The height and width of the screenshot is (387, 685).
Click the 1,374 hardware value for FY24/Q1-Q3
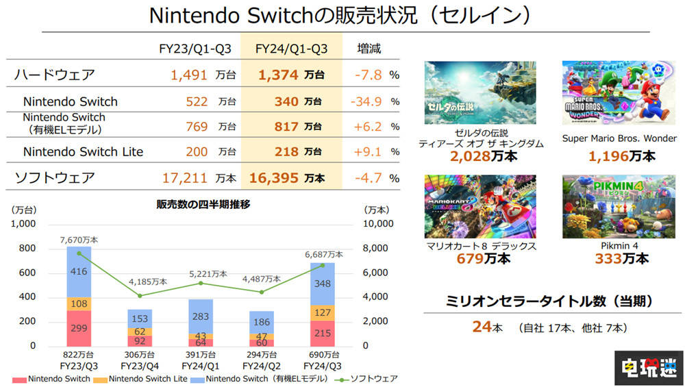click(x=277, y=75)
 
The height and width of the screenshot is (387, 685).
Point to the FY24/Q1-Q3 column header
click(x=291, y=49)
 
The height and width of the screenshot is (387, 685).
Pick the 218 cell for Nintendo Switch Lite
click(x=286, y=151)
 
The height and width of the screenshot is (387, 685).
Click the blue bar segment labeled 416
click(x=79, y=272)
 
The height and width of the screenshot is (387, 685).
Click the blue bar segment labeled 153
click(x=139, y=319)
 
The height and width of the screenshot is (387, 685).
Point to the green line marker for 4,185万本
click(x=139, y=295)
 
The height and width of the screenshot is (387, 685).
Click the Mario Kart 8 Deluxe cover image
click(x=480, y=206)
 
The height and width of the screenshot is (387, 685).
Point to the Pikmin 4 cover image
click(x=619, y=206)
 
